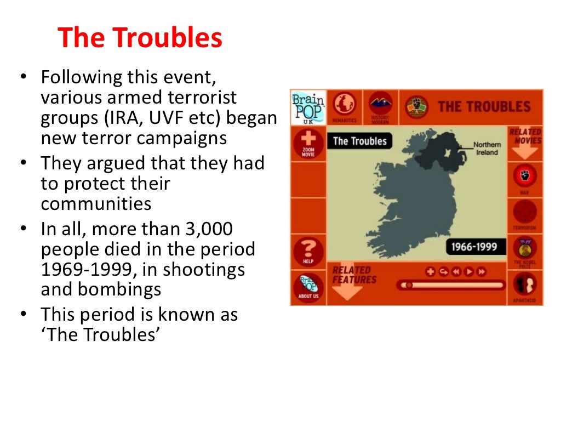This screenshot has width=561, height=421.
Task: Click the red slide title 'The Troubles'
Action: pyautogui.click(x=140, y=38)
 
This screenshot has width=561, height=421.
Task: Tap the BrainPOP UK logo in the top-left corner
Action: pyautogui.click(x=308, y=107)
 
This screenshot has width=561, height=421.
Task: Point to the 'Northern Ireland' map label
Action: pyautogui.click(x=486, y=149)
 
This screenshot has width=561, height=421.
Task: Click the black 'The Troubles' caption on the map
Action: pyautogui.click(x=359, y=141)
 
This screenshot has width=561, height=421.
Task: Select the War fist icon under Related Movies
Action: pyautogui.click(x=524, y=177)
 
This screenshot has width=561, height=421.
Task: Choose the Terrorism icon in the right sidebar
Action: pyautogui.click(x=524, y=213)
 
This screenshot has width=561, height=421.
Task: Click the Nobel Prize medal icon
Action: pyautogui.click(x=524, y=249)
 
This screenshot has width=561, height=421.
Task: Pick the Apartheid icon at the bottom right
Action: pyautogui.click(x=524, y=286)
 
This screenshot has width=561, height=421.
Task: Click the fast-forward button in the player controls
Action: pyautogui.click(x=481, y=271)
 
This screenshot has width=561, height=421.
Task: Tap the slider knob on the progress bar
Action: pyautogui.click(x=407, y=285)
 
